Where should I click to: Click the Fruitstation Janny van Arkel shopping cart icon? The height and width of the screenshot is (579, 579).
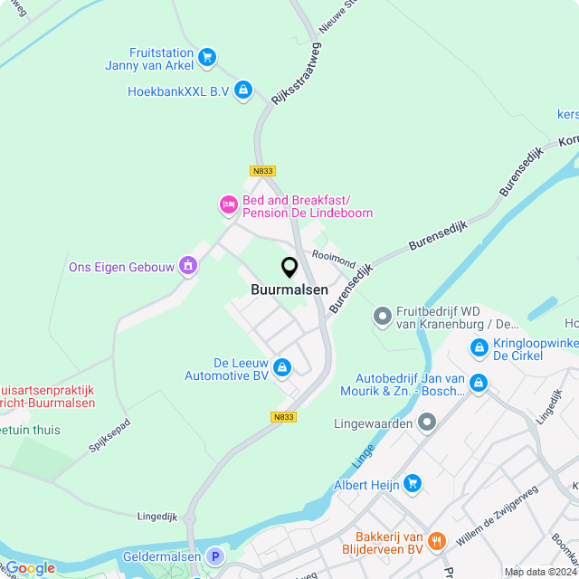pos(207,57)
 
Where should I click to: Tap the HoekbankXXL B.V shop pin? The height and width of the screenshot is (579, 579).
pos(242,90)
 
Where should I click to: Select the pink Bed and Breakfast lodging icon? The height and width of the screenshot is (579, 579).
pos(229,205)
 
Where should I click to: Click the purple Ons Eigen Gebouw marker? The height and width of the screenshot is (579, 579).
pos(188,266)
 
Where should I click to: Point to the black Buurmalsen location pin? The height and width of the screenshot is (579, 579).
pos(289,268)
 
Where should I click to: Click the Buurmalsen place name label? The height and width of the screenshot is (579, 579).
pos(289,291)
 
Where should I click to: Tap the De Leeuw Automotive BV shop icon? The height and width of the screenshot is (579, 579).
pos(282,366)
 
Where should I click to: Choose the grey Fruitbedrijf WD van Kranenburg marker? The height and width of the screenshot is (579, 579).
pos(382,317)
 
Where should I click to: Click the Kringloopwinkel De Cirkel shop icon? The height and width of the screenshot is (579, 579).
pos(479,346)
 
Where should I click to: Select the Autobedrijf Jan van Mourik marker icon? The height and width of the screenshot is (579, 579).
pos(479,384)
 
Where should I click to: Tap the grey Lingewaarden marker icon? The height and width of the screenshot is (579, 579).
pos(427,422)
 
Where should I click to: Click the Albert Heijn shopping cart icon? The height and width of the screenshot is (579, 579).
pos(413,484)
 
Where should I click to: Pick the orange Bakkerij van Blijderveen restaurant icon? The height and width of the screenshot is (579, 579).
pos(437,541)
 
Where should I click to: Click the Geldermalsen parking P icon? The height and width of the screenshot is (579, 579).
pos(214,556)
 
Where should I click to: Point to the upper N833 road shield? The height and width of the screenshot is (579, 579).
pos(262,170)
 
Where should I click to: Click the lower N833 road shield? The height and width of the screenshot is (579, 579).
pos(283,417)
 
